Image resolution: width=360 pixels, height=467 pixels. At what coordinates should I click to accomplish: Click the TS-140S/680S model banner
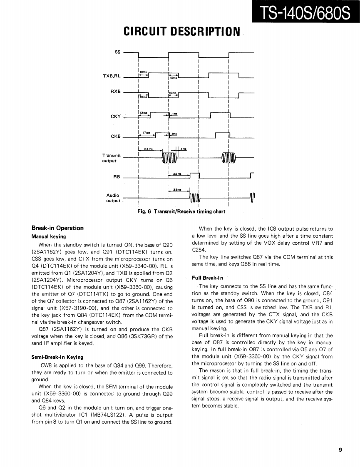(305, 15)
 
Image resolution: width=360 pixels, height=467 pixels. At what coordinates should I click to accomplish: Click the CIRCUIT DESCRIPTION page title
(182, 32)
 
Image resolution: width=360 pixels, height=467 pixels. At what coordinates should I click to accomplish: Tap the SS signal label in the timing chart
(117, 52)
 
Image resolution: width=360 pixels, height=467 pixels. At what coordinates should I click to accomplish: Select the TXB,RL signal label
(112, 76)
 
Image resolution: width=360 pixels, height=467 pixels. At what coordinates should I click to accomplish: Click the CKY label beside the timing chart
(115, 116)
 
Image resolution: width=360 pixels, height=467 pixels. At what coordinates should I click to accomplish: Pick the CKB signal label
(115, 136)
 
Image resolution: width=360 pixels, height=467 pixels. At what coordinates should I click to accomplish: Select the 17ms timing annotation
(146, 133)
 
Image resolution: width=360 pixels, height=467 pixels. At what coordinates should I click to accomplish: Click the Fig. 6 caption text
(181, 211)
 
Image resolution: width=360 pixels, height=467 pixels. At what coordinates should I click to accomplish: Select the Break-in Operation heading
(57, 228)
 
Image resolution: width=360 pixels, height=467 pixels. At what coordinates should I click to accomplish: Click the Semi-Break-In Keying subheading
(57, 357)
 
